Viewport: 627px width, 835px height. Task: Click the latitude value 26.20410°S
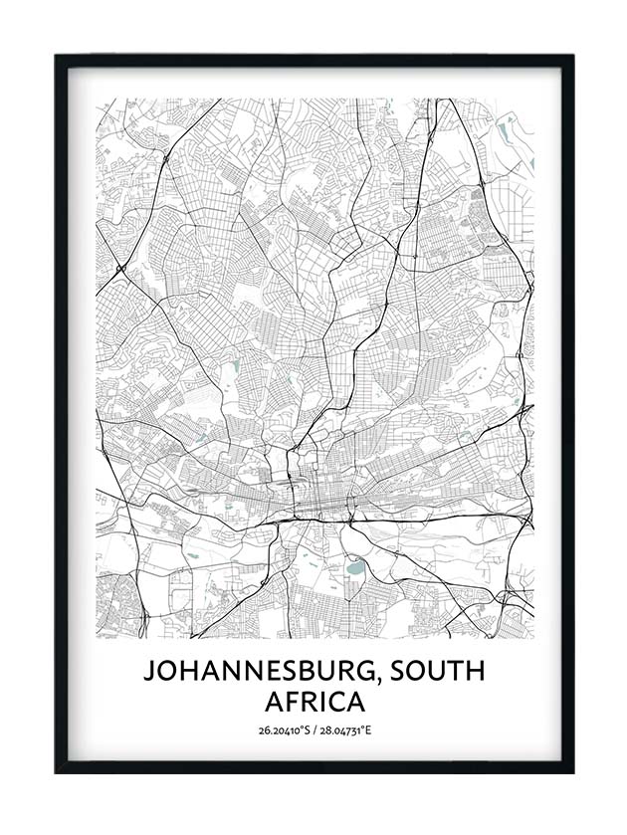coord(282,731)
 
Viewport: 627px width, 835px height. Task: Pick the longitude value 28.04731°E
coord(345,731)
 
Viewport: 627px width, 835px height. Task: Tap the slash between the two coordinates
coord(313,731)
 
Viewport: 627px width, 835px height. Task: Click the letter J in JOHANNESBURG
coord(149,672)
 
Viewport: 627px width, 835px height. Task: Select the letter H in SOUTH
coord(475,672)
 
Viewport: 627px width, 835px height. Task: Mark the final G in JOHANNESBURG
coord(364,672)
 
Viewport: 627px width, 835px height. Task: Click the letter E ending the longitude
coord(368,731)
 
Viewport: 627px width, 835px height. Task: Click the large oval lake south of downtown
coord(354,569)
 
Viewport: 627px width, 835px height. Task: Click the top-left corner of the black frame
coord(57,56)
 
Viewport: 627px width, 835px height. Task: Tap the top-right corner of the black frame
coord(572,56)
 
